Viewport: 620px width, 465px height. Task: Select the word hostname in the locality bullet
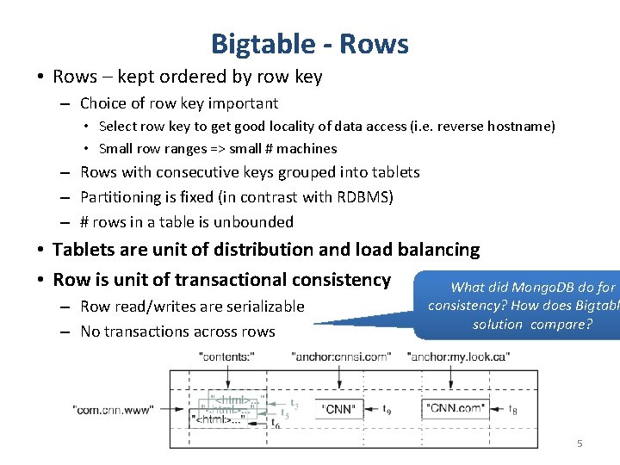[x=520, y=127]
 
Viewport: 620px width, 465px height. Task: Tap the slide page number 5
[x=580, y=443]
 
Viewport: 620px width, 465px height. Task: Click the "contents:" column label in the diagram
[x=226, y=356]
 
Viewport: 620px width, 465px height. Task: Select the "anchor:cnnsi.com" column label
[x=341, y=356]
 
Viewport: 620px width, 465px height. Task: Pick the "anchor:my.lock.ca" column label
[x=453, y=356]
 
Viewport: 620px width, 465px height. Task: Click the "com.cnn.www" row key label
[x=114, y=410]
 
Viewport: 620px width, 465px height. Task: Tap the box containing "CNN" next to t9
[x=339, y=409]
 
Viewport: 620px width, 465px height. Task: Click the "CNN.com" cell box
[x=455, y=409]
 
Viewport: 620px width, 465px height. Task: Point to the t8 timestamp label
[x=513, y=410]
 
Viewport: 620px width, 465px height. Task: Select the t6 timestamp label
[x=276, y=424]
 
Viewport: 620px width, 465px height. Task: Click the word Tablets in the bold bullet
[x=84, y=250]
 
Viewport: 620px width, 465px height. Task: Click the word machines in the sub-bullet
[x=307, y=149]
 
